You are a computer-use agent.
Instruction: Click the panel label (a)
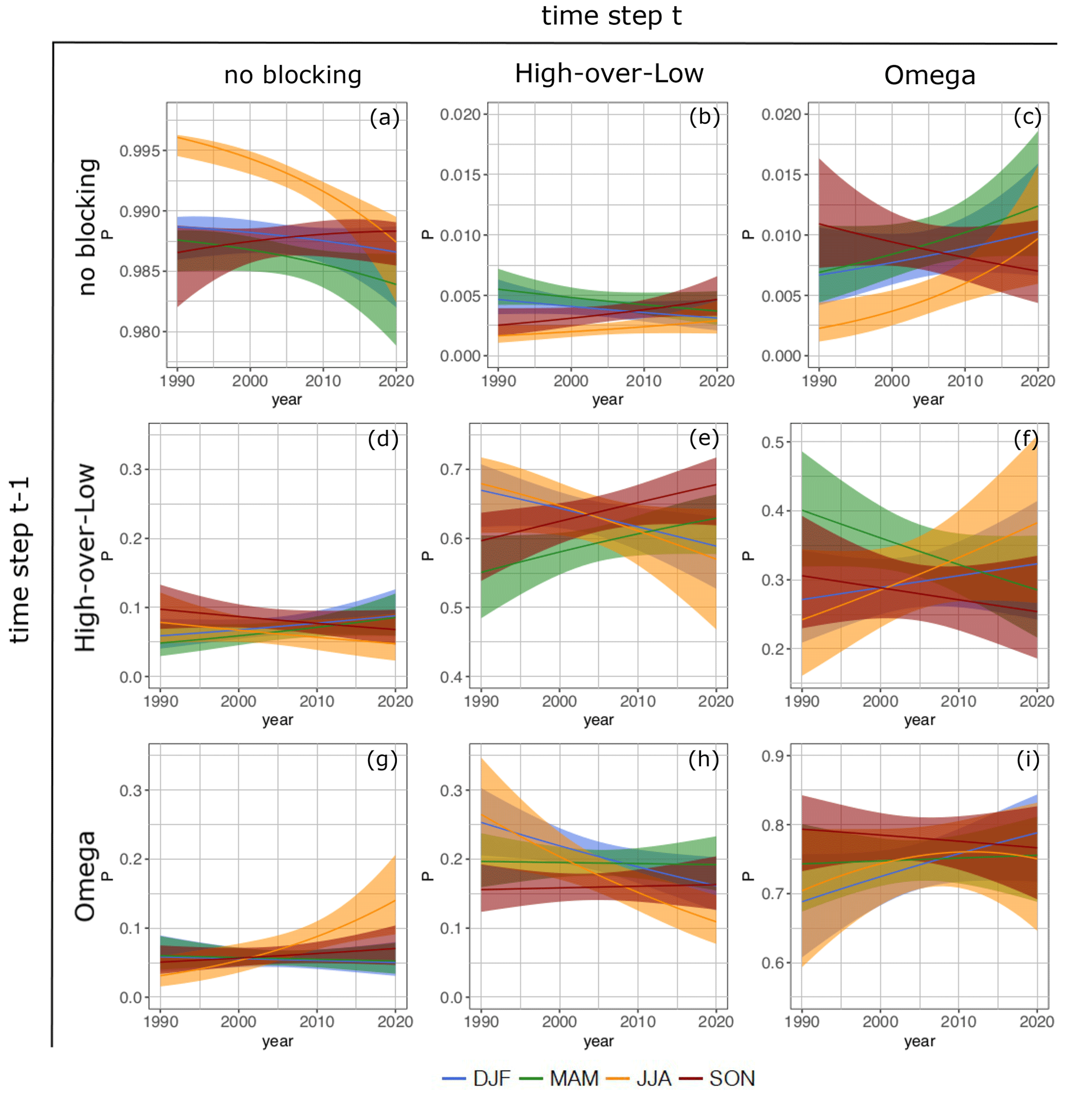click(384, 118)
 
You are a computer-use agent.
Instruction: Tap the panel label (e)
click(704, 439)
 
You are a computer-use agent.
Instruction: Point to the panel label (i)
click(1027, 760)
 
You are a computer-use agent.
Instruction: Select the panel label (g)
click(382, 760)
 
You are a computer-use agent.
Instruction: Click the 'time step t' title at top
click(611, 15)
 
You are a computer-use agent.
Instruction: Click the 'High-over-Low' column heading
click(609, 73)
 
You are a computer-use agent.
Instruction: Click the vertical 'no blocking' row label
click(87, 227)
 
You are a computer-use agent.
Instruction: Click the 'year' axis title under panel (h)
click(598, 1041)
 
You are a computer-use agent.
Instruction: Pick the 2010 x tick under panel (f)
click(958, 701)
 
